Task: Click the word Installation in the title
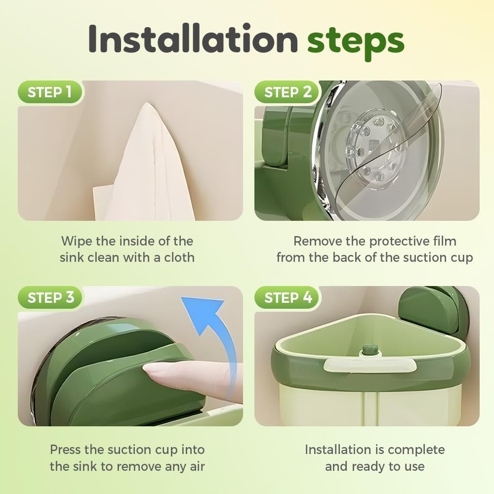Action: pos(193,39)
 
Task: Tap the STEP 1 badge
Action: pos(50,92)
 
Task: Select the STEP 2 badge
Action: pos(288,92)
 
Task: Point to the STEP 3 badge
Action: pos(50,297)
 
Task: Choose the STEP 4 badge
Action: pos(288,297)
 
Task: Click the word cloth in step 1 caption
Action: pos(179,257)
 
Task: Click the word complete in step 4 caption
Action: pos(416,450)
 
